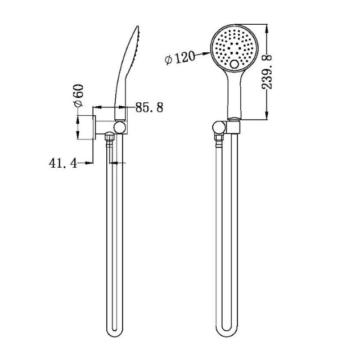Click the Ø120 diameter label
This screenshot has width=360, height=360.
[181, 58]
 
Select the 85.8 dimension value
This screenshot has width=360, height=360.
[149, 107]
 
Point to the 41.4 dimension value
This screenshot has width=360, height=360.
[63, 163]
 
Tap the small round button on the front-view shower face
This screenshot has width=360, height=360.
[234, 66]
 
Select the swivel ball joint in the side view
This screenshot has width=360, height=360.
[119, 127]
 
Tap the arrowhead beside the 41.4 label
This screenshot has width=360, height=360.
[89, 163]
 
